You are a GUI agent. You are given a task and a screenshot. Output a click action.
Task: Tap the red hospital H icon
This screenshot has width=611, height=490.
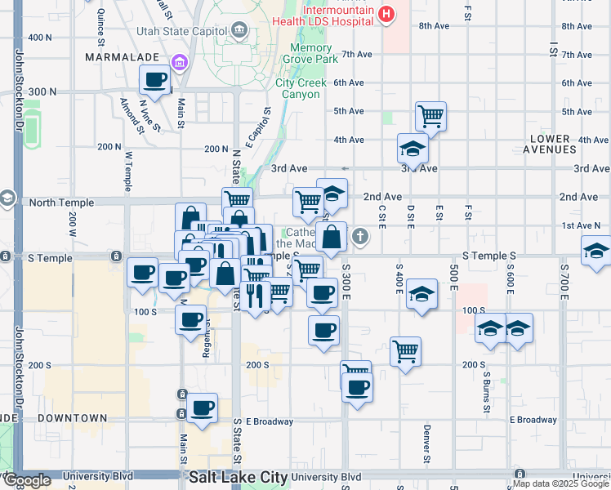tap(387, 14)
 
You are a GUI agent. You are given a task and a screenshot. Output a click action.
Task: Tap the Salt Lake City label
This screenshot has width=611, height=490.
tap(236, 477)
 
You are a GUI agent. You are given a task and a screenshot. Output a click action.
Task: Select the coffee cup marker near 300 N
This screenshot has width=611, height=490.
tap(155, 80)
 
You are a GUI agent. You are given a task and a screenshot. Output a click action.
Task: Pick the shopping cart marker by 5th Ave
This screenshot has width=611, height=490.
tap(430, 115)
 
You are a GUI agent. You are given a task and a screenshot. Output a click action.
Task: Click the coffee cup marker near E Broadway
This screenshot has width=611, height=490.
tap(202, 407)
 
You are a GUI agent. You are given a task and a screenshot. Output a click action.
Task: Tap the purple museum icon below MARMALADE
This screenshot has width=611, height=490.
tap(179, 62)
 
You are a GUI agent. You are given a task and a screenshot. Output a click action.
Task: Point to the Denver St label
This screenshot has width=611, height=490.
tap(426, 441)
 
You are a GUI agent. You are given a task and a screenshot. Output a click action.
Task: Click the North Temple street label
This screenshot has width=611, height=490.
tap(56, 201)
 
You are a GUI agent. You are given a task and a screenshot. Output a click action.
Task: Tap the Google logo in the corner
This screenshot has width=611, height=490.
tap(28, 481)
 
